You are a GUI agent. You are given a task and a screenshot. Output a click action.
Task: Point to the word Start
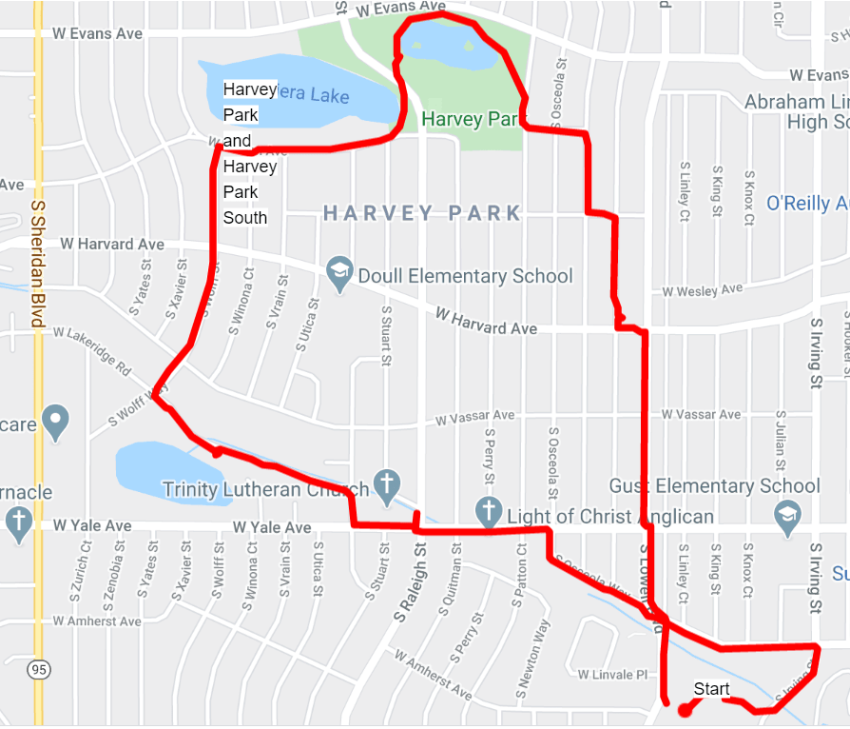pyautogui.click(x=711, y=689)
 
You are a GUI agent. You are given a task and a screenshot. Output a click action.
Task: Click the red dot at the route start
pyautogui.click(x=683, y=709)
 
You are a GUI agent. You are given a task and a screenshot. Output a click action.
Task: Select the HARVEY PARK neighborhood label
pyautogui.click(x=422, y=213)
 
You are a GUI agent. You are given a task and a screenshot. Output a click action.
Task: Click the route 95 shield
pyautogui.click(x=38, y=670)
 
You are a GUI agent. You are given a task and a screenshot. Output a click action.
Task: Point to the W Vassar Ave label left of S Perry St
pyautogui.click(x=474, y=418)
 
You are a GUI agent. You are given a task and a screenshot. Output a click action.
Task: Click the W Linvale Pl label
pyautogui.click(x=612, y=675)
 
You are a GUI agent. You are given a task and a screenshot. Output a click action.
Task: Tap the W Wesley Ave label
pyautogui.click(x=703, y=289)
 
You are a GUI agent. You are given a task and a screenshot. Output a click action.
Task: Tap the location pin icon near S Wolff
pyautogui.click(x=56, y=420)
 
